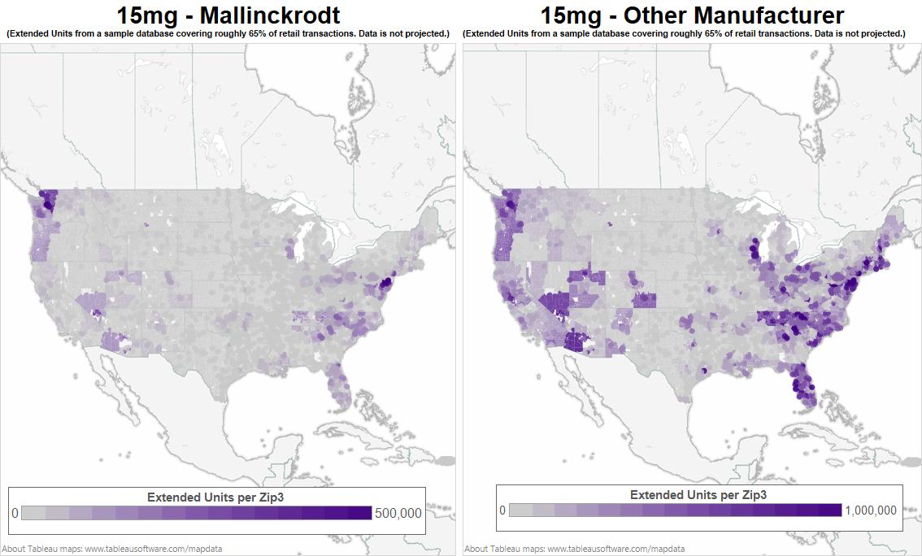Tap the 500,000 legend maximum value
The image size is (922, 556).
[398, 513]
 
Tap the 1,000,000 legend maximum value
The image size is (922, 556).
[871, 510]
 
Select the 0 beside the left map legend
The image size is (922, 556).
[15, 513]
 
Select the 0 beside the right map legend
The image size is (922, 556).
[502, 510]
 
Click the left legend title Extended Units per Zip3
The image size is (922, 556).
[215, 497]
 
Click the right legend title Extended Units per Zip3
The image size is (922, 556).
[698, 494]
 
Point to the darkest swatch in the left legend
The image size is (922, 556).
[360, 513]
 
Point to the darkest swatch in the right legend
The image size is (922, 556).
[831, 510]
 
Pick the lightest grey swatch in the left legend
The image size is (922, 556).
[33, 513]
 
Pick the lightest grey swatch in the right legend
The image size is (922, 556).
[520, 510]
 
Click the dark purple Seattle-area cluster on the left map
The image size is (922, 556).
[49, 200]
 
